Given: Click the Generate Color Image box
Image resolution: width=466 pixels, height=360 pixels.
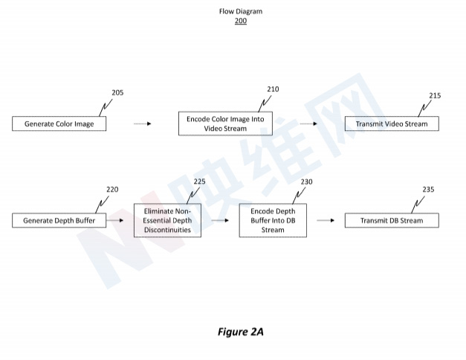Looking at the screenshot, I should click(59, 123).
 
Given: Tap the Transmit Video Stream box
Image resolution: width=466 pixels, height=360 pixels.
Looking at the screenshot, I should click(392, 123).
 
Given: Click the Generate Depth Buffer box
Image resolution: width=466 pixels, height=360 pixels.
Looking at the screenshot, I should click(59, 220).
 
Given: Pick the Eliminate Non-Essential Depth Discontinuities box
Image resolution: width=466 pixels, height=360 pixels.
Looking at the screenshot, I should click(167, 220).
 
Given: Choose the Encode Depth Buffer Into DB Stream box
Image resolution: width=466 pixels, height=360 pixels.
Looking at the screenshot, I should click(272, 220).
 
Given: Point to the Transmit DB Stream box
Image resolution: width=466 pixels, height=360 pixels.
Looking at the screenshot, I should click(392, 220).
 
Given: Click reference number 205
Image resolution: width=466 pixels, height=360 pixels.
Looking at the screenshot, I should click(117, 93).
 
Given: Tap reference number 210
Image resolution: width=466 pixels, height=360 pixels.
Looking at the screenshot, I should click(273, 89).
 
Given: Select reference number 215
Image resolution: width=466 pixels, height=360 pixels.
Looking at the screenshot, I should click(435, 96).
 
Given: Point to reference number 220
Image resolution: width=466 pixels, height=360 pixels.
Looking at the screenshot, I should click(112, 190).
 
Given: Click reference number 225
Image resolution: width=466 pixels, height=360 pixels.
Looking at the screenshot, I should click(199, 181).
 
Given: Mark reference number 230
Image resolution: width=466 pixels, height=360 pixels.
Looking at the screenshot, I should click(306, 181).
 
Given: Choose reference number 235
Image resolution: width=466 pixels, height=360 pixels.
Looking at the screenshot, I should click(428, 190).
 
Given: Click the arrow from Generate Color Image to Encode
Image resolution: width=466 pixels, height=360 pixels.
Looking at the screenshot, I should click(142, 123).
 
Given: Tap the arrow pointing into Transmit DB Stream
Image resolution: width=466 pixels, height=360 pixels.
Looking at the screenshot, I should click(325, 220).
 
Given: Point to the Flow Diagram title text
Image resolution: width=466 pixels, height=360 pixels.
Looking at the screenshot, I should click(240, 12).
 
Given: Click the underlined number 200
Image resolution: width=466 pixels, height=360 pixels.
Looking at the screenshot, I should click(240, 21).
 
